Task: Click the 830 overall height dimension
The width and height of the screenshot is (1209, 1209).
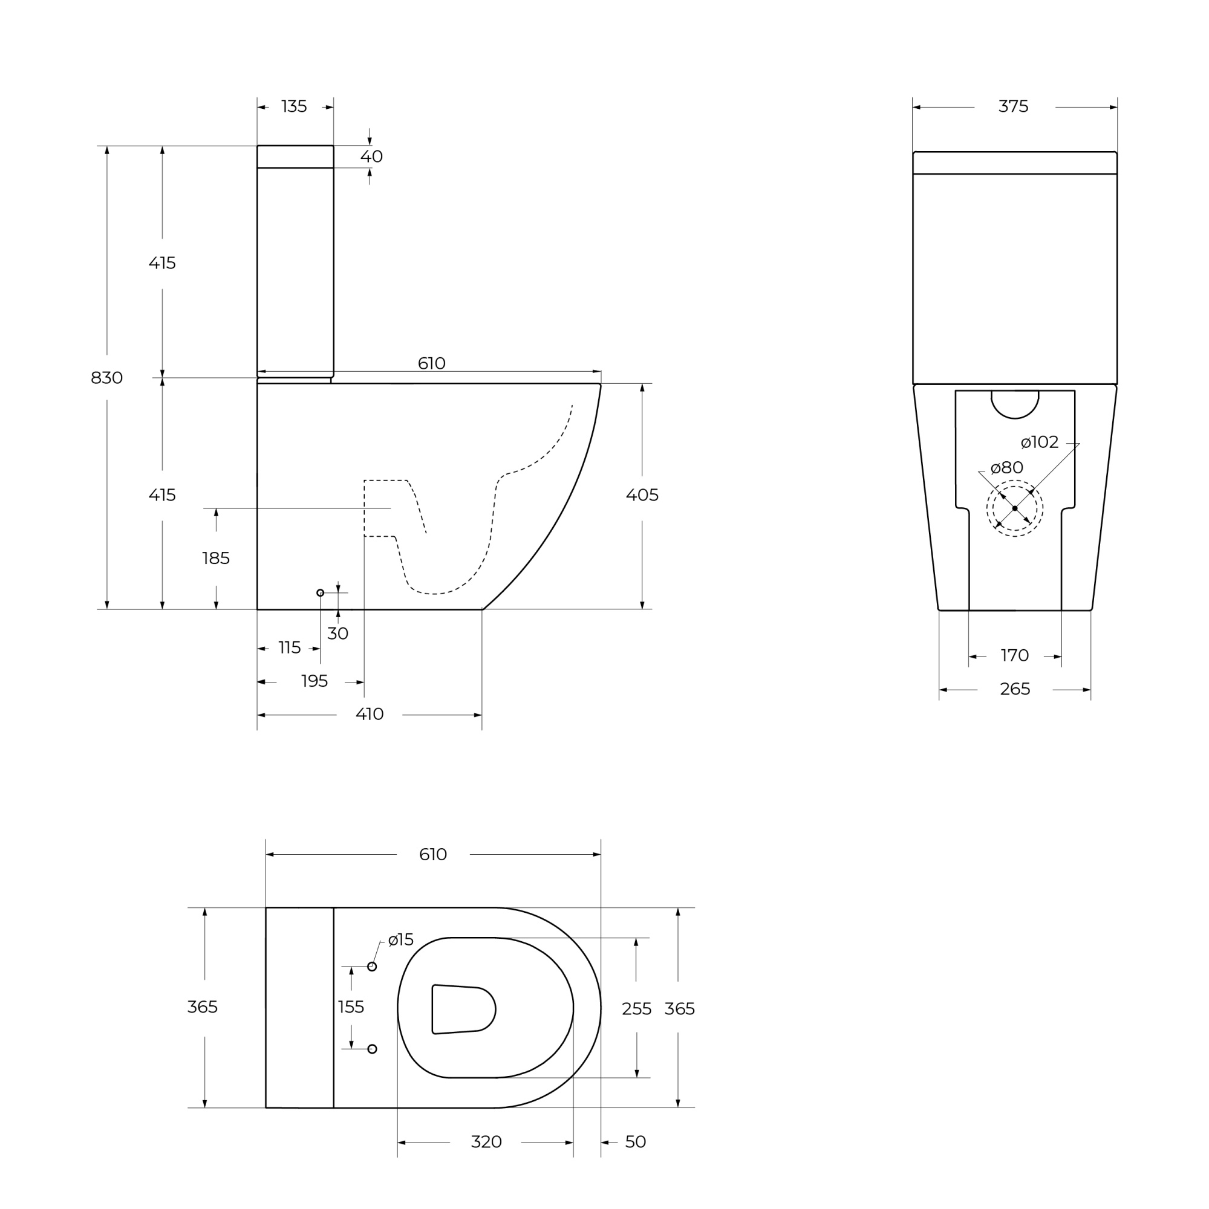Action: click(106, 378)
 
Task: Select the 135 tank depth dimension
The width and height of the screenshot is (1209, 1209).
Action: click(294, 107)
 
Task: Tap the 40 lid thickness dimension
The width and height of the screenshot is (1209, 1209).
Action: click(371, 157)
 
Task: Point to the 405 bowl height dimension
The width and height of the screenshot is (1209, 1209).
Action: click(642, 495)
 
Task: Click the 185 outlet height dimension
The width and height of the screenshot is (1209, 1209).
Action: click(216, 558)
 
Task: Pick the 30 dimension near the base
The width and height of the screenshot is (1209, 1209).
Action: click(337, 634)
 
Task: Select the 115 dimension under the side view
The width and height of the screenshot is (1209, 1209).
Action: click(289, 647)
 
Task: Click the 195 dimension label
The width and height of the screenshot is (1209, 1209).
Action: click(314, 681)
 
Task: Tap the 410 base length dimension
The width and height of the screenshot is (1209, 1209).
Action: click(370, 714)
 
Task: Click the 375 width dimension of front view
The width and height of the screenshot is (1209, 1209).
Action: click(1013, 107)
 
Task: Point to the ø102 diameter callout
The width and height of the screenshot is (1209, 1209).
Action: click(1039, 442)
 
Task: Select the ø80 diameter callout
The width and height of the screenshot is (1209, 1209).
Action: click(1007, 467)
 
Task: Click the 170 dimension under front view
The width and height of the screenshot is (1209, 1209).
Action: click(1014, 655)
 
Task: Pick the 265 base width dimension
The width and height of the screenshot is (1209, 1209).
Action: click(1014, 689)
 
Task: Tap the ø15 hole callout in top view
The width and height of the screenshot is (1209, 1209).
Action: click(401, 940)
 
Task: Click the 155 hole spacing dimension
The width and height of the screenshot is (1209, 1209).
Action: click(351, 1007)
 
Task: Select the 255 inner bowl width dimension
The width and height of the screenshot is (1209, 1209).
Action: click(636, 1009)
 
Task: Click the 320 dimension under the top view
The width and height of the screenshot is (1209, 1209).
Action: click(486, 1142)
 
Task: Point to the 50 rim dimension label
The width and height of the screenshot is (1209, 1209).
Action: click(635, 1142)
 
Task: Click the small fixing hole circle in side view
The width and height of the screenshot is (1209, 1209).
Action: click(321, 592)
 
